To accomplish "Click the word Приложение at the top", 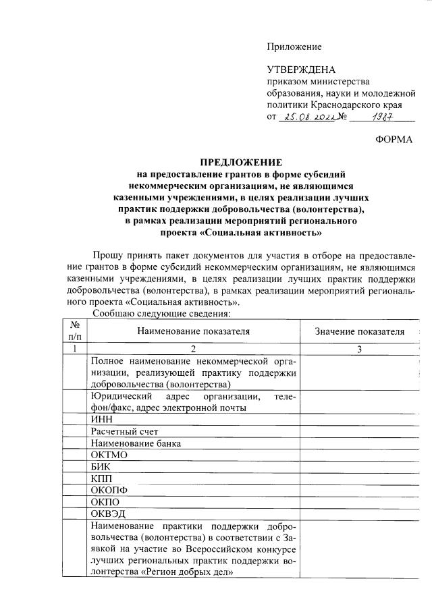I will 294,47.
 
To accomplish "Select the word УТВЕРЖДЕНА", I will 301,70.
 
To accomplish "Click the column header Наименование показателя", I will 193,331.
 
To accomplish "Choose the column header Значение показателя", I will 360,331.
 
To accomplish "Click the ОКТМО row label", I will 108,455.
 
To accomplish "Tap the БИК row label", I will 100,467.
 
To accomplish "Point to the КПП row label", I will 101,478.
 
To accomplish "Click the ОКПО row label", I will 104,502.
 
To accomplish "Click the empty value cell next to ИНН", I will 360,419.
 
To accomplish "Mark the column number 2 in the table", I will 193,348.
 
